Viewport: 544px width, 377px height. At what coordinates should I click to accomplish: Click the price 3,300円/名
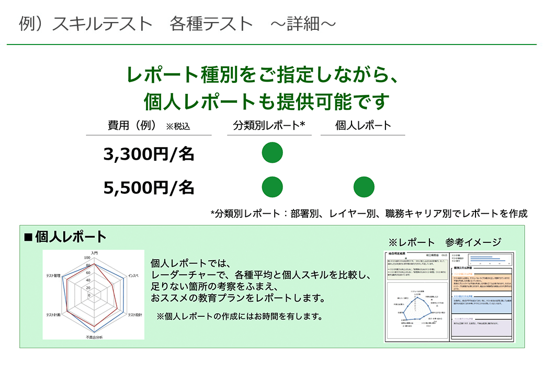point(149,154)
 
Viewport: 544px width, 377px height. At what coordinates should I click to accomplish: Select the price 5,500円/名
point(149,187)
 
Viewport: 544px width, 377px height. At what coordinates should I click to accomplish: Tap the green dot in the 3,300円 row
point(272,153)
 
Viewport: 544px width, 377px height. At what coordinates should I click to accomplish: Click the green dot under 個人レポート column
point(364,187)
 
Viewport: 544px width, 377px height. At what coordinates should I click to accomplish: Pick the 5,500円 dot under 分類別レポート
point(272,187)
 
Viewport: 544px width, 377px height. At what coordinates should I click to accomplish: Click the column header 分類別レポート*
point(269,126)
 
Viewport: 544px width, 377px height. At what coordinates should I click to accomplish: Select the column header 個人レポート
point(363,126)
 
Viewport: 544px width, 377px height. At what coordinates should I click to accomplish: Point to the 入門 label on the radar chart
point(94,253)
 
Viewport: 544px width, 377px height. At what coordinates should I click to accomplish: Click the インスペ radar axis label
point(133,275)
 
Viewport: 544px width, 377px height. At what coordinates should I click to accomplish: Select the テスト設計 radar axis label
point(134,315)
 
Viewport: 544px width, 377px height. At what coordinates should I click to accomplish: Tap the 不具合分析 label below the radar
point(95,337)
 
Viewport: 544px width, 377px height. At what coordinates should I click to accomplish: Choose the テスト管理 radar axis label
point(55,275)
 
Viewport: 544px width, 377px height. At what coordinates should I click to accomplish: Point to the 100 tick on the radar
point(87,258)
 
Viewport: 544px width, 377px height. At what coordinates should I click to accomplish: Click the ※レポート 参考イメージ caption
point(445,242)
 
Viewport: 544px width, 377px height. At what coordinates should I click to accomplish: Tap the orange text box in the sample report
point(482,283)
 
